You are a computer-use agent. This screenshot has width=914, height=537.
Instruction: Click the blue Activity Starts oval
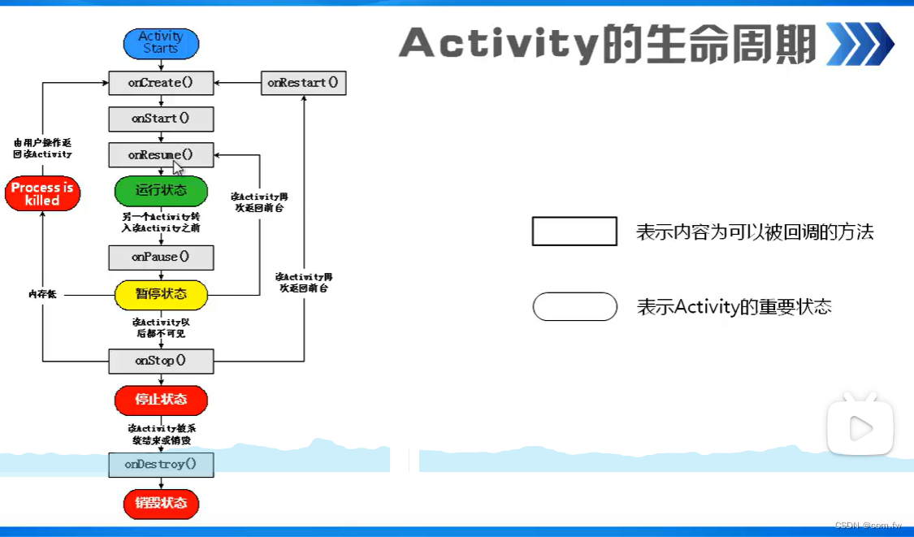tap(161, 42)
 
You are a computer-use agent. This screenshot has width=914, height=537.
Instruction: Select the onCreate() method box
tap(161, 83)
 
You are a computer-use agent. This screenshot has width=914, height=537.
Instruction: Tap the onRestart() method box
tap(303, 83)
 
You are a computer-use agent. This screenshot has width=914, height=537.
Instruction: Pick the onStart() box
tap(161, 119)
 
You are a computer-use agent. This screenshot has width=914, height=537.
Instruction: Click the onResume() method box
tap(161, 154)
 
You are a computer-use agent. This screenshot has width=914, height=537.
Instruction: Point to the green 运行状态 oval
tap(161, 191)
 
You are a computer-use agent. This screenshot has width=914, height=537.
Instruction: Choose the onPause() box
tap(161, 258)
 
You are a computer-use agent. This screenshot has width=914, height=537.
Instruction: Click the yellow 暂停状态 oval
tap(161, 294)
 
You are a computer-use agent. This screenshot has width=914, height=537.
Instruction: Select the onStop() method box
tap(161, 361)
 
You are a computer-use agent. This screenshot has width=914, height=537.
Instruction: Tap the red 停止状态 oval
tap(161, 400)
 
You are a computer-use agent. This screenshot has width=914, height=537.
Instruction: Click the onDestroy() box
tap(161, 465)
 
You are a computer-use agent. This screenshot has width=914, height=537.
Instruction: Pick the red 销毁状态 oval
tap(161, 503)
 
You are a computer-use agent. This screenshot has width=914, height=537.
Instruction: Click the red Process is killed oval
tap(42, 194)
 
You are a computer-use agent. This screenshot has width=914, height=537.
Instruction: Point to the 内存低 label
tap(42, 294)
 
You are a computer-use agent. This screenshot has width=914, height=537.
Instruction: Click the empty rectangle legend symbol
tap(574, 232)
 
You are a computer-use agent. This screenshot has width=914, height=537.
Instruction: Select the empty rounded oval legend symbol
tap(574, 307)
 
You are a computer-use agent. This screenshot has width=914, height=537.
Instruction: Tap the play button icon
tap(860, 427)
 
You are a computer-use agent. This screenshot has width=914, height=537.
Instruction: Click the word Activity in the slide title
tap(500, 44)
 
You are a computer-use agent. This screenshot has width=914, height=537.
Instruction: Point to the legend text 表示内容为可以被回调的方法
tap(755, 232)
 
